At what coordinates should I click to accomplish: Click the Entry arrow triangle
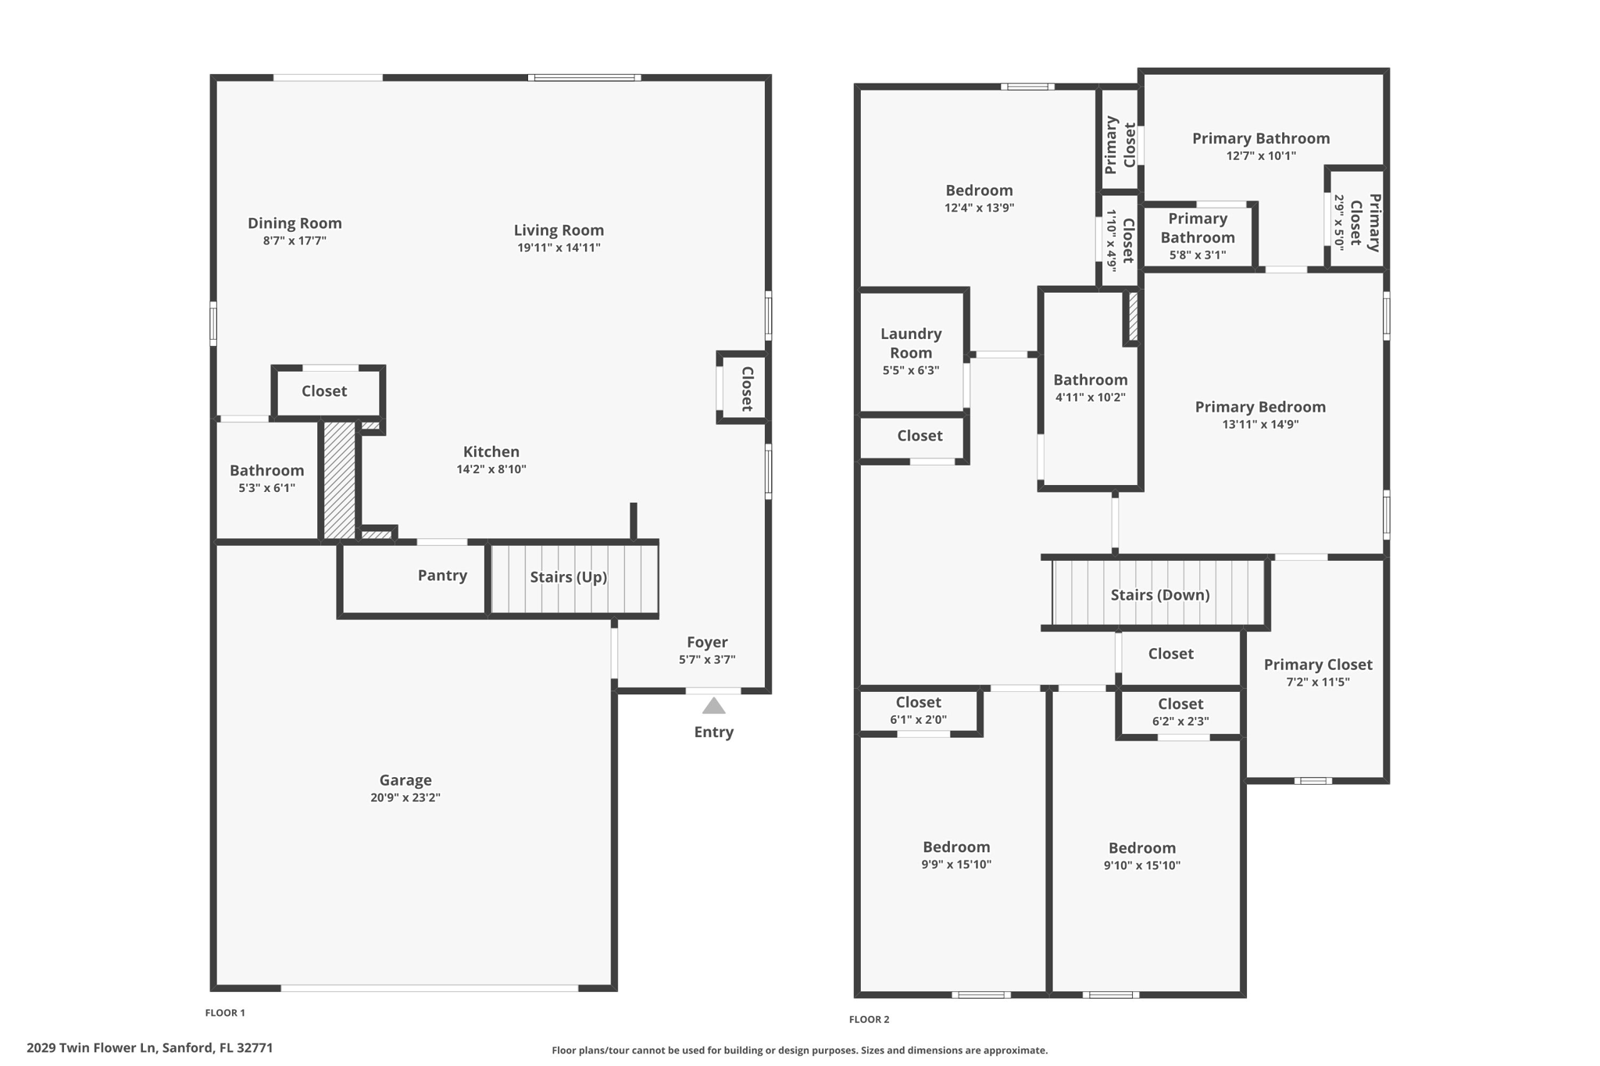[713, 706]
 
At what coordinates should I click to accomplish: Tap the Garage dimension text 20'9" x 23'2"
[405, 797]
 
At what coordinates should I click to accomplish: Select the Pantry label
[442, 576]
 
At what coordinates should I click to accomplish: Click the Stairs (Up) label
[568, 577]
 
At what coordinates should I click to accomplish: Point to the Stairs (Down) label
[1160, 595]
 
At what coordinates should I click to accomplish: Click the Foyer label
[707, 642]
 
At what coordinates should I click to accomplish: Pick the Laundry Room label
[911, 343]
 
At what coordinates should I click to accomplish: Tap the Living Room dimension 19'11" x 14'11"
[559, 248]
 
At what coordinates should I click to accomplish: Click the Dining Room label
[295, 223]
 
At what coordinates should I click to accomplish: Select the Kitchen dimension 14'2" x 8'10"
[491, 469]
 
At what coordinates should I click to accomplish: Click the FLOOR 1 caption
[225, 1013]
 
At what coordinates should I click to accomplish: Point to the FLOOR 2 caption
[869, 1019]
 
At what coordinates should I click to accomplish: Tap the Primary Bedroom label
[1260, 407]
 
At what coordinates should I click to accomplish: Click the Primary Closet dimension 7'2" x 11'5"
[1318, 682]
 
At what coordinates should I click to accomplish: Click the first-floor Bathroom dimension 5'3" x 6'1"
[266, 488]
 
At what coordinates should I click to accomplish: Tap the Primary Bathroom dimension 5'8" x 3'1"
[1197, 255]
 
